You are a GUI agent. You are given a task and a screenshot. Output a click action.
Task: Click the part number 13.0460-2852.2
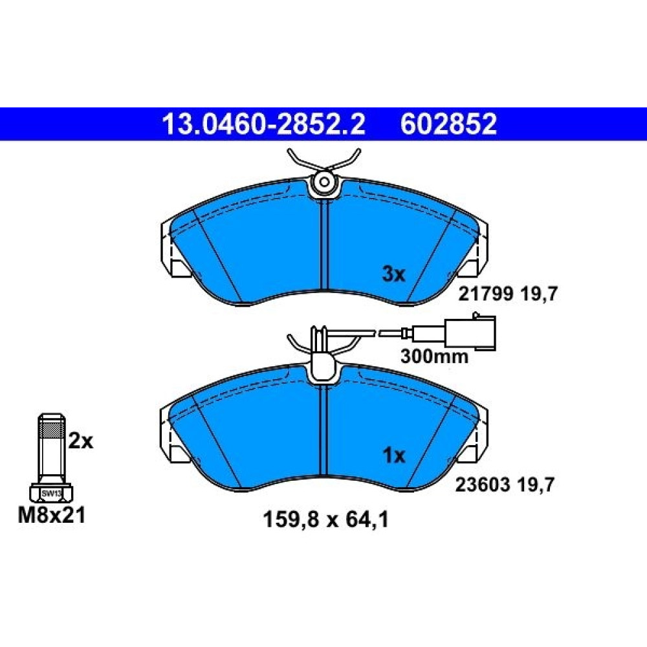(x=263, y=124)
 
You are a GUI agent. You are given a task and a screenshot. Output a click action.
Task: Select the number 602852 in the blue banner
(x=448, y=124)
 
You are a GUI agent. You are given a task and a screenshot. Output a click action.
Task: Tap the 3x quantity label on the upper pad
(x=394, y=274)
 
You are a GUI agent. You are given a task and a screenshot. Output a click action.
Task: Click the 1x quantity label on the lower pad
(x=394, y=455)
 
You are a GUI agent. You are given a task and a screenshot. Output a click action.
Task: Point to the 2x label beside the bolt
(x=81, y=441)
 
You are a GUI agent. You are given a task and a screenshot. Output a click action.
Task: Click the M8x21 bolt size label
(x=52, y=516)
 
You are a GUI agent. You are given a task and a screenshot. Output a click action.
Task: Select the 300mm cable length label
(x=435, y=356)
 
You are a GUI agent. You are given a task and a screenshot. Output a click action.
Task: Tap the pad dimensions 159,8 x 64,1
(x=325, y=520)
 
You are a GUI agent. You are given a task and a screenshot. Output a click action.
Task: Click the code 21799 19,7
(x=508, y=294)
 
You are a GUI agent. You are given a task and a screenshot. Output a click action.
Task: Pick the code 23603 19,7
(x=505, y=485)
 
